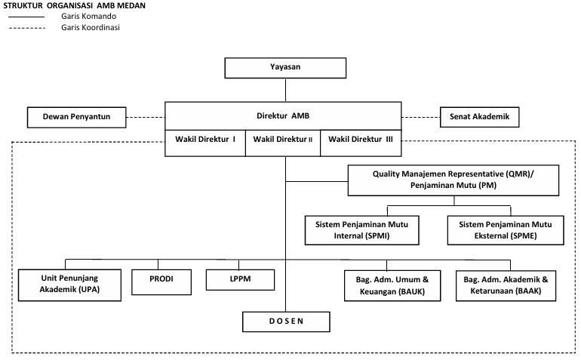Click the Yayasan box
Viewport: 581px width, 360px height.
coord(285,68)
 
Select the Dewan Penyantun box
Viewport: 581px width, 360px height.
coord(77,117)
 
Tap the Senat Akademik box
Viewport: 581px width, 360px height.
coord(479,117)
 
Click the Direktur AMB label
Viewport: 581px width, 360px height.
coord(283,115)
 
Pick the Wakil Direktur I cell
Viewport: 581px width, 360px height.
coord(205,143)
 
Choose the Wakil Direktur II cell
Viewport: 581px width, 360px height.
coord(283,143)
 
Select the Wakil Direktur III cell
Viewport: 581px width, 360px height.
coord(361,143)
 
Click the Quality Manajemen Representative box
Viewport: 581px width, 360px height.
coord(453,180)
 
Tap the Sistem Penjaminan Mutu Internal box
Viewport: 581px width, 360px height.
coord(361,230)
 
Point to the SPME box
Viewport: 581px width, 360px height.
coord(506,230)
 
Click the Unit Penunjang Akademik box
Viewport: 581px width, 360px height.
coord(69,285)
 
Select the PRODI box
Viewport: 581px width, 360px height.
coord(161,282)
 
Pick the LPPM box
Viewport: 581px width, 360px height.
coord(240,279)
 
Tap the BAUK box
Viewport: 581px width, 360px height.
coord(392,285)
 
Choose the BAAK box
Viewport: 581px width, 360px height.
coord(506,285)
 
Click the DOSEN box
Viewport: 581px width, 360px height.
coord(286,322)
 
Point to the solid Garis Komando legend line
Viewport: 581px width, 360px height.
coord(26,17)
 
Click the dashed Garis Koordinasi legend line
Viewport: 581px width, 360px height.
coord(27,28)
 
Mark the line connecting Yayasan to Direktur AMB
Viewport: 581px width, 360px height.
coord(285,90)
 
